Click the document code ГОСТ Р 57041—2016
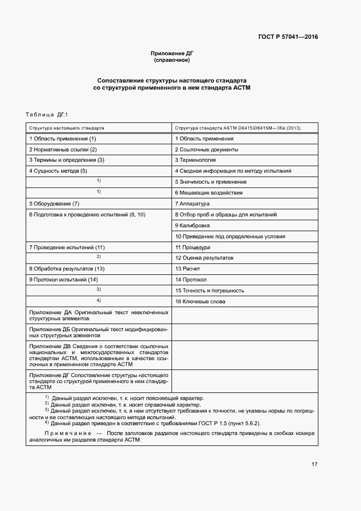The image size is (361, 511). [288, 37]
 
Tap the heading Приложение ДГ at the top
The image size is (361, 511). [172, 53]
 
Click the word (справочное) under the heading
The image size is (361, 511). [172, 60]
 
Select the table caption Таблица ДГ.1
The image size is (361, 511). [46, 114]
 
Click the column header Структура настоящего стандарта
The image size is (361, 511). [67, 127]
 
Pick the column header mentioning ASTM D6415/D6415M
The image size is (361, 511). [238, 127]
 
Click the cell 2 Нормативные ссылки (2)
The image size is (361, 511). [63, 149]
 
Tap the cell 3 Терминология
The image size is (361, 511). [195, 160]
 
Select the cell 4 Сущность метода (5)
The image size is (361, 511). [58, 171]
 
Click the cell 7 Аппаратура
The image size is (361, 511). [192, 204]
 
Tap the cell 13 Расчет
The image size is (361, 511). [187, 269]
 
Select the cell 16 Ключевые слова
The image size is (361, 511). [200, 301]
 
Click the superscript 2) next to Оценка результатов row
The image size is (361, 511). [99, 257]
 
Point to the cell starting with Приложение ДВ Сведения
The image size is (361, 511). [99, 355]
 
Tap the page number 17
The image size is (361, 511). [314, 465]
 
